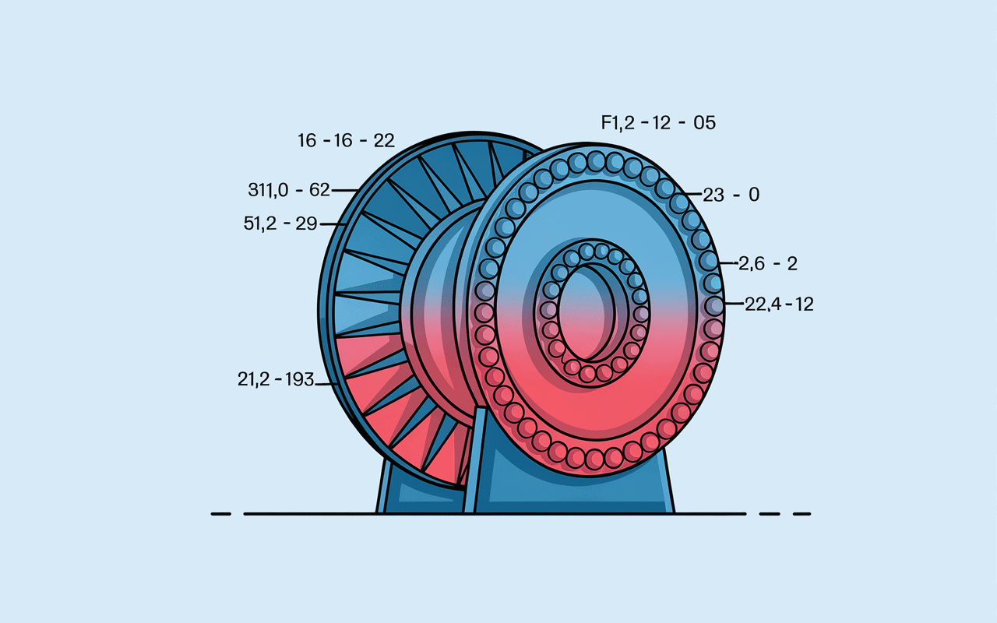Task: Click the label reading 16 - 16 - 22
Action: (346, 141)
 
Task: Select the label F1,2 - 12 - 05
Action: (658, 123)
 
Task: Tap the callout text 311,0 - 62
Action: (289, 190)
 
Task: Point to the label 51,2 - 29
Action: (280, 224)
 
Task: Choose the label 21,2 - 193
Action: (276, 379)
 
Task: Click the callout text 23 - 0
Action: (731, 195)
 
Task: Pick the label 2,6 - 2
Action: (768, 263)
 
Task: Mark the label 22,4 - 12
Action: (779, 304)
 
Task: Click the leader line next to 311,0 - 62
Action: (345, 191)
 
